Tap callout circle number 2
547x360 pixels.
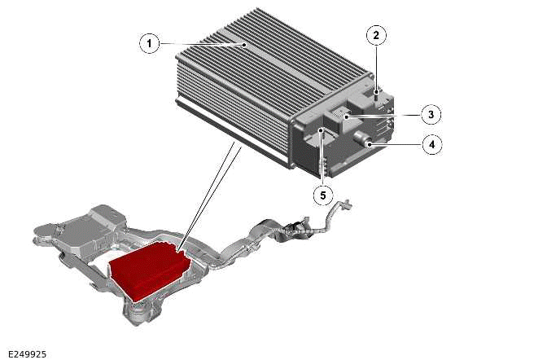(376, 35)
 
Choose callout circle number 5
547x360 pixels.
(323, 195)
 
